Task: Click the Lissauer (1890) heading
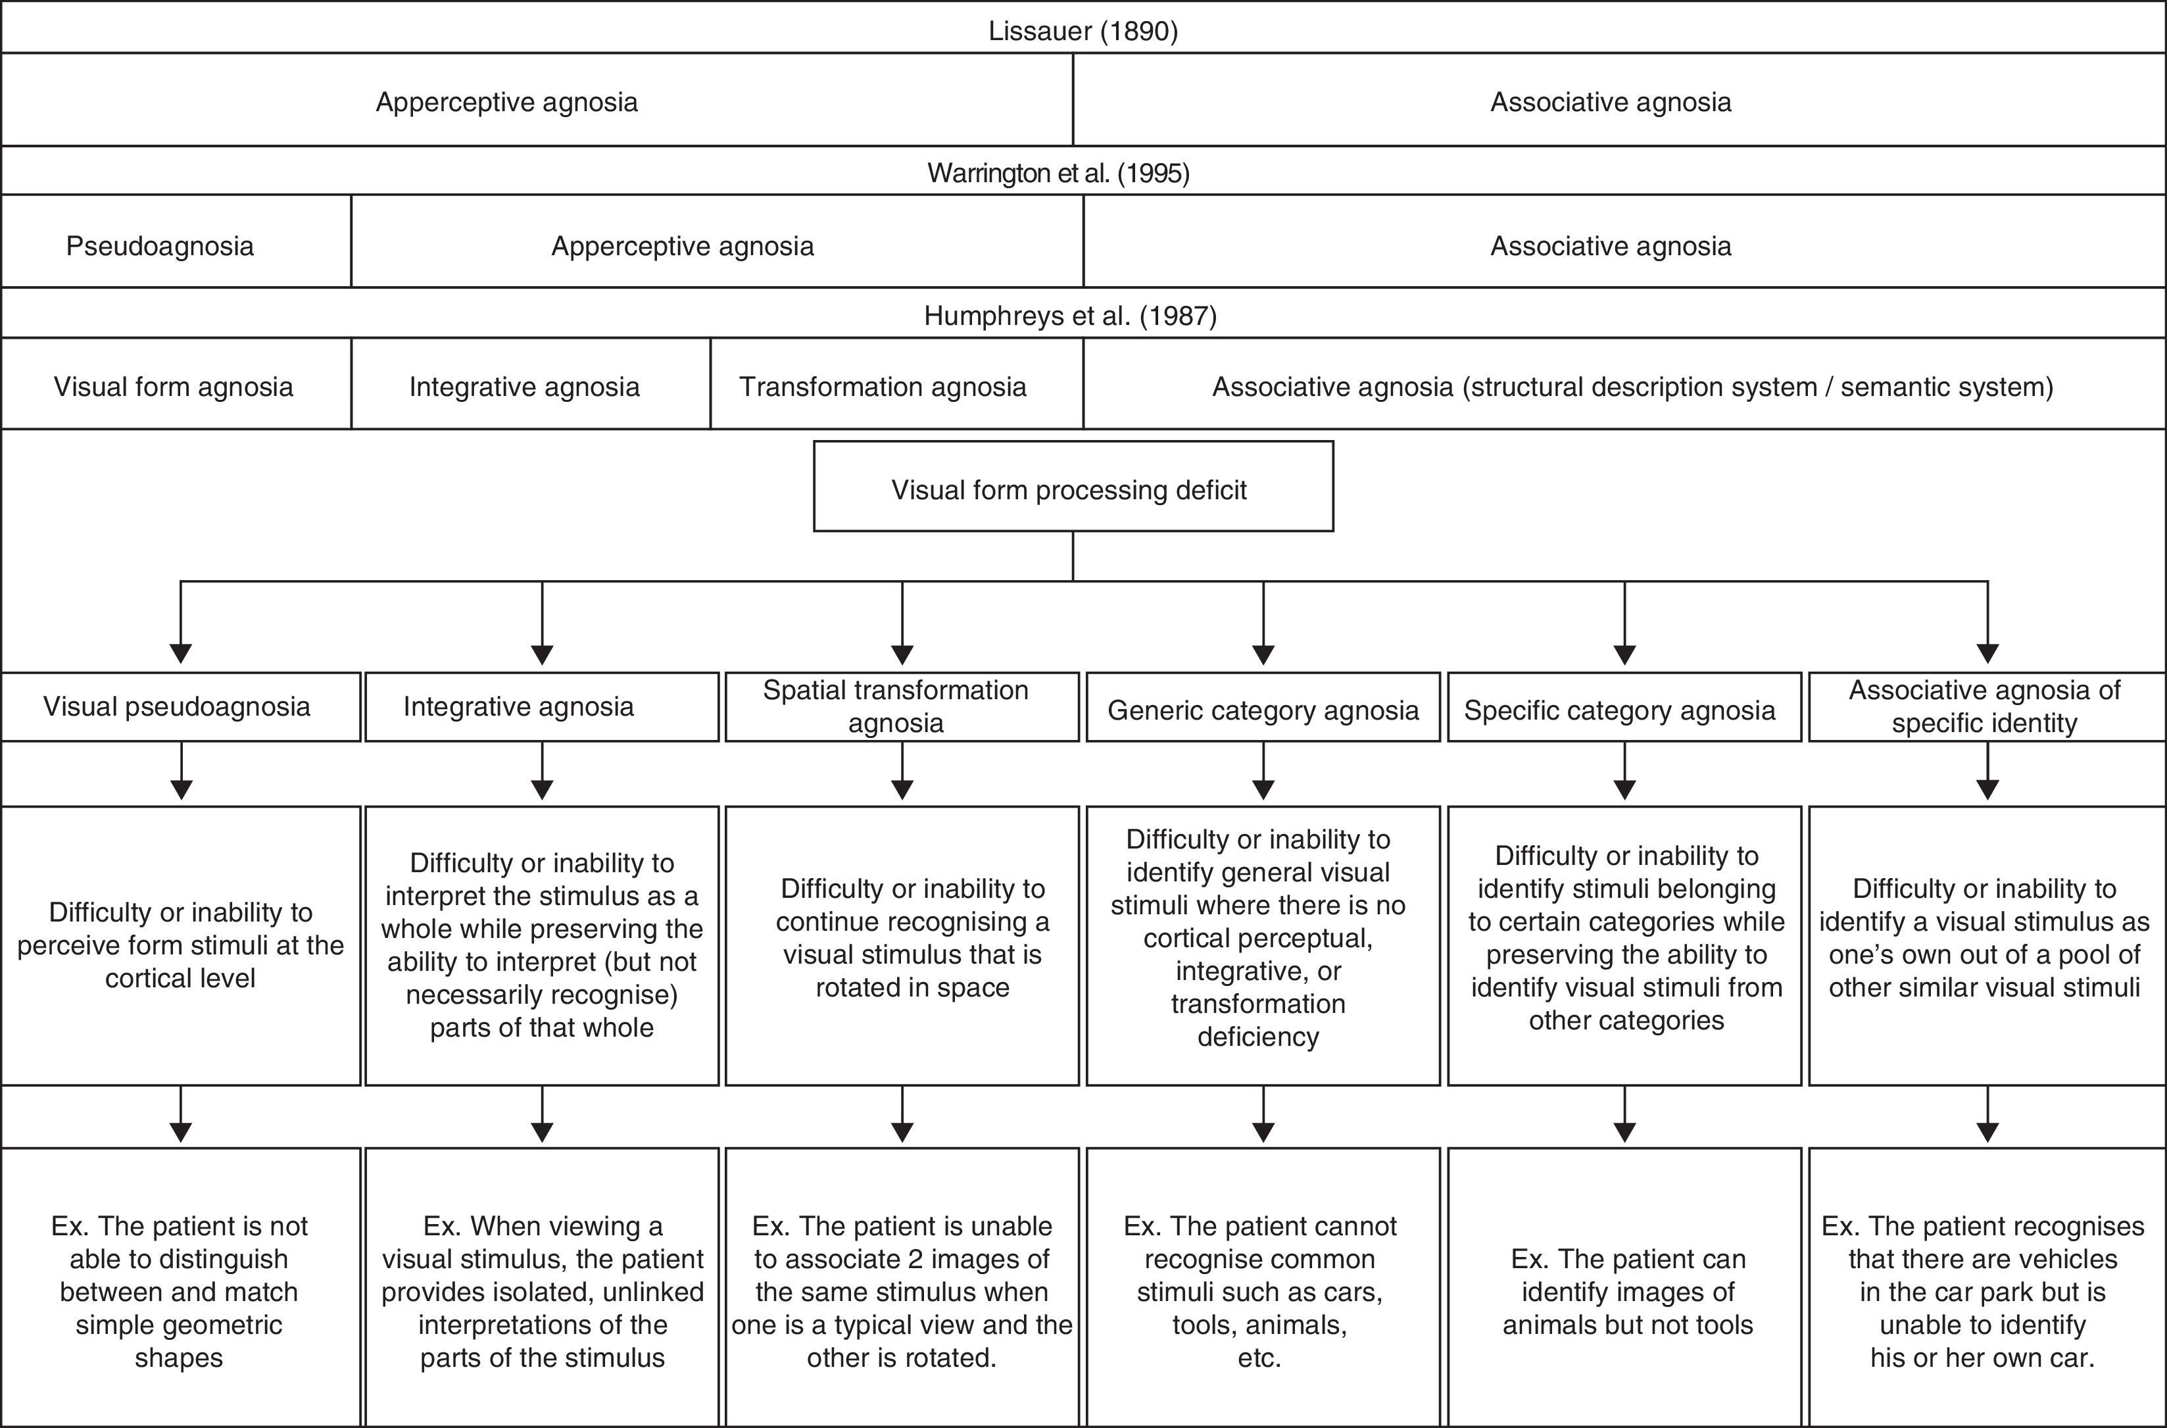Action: pyautogui.click(x=1083, y=31)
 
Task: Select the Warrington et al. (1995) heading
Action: pyautogui.click(x=1058, y=173)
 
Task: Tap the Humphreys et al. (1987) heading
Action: pyautogui.click(x=1070, y=315)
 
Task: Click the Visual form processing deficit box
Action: pyautogui.click(x=1073, y=486)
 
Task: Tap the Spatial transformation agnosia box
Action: pyautogui.click(x=902, y=706)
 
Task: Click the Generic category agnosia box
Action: pyautogui.click(x=1263, y=706)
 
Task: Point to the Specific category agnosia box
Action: pyautogui.click(x=1624, y=706)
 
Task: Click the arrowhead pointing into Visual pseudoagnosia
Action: pyautogui.click(x=182, y=653)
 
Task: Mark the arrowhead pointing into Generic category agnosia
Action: pyautogui.click(x=1263, y=653)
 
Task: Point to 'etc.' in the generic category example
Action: pyautogui.click(x=1259, y=1358)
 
